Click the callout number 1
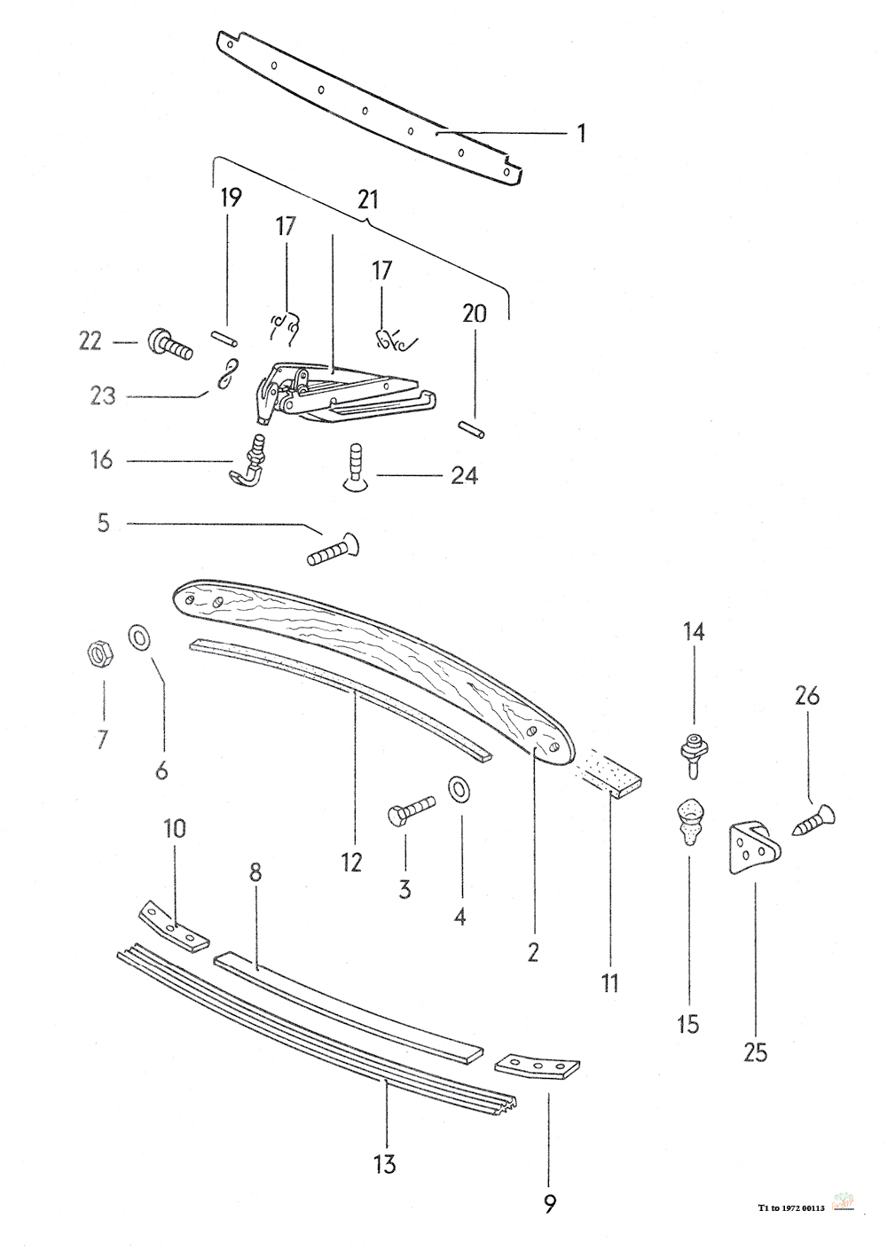pyautogui.click(x=581, y=134)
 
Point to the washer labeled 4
pyautogui.click(x=459, y=788)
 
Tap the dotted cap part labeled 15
pyautogui.click(x=690, y=823)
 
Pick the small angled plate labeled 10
pyautogui.click(x=173, y=930)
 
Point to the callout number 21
pyautogui.click(x=368, y=199)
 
